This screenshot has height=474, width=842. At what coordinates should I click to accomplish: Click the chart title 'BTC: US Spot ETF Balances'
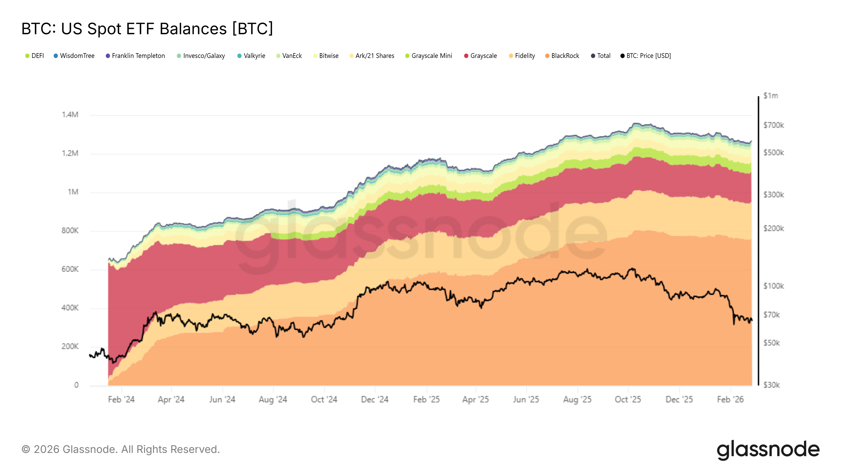147,29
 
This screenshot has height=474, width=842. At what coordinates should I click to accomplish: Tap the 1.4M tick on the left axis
70,115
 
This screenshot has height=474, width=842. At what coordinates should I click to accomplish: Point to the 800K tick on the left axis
70,231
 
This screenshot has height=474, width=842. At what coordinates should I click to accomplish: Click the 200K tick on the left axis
70,347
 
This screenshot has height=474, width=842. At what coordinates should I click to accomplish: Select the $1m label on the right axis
770,96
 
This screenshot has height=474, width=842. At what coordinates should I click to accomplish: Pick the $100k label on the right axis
773,286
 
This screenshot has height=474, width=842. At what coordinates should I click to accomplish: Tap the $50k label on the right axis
771,343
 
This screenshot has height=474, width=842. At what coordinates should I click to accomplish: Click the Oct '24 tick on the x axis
324,399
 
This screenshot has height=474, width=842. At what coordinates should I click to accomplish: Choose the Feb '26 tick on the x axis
730,399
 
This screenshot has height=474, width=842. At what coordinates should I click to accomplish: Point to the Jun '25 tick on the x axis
526,399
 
